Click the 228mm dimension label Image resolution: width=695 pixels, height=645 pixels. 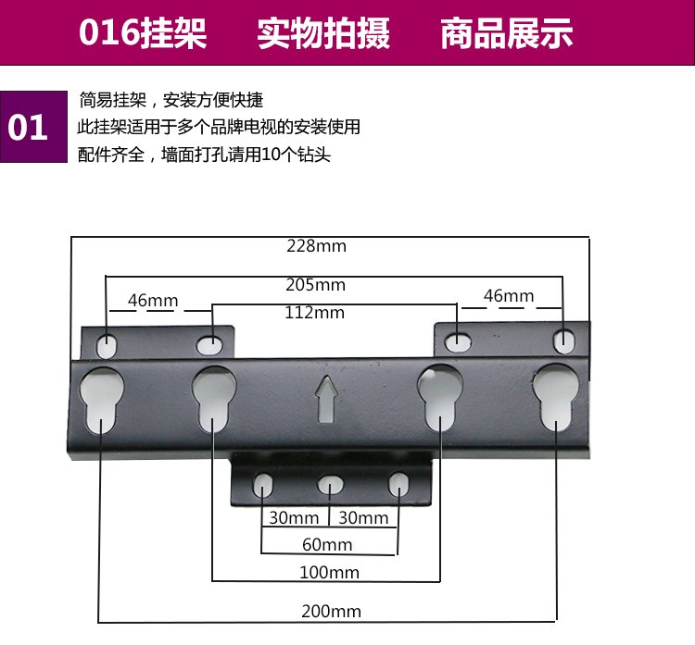316,246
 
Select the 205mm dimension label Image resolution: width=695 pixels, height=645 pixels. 315,284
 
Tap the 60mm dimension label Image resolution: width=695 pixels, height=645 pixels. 327,544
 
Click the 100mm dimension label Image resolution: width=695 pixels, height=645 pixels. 329,573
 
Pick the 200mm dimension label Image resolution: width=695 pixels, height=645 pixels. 331,611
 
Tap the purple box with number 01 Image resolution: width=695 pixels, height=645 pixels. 29,127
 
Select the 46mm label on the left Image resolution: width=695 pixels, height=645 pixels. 153,301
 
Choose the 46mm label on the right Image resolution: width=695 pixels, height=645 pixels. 509,296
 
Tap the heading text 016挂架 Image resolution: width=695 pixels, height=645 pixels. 143,34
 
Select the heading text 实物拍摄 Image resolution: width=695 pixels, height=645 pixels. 323,34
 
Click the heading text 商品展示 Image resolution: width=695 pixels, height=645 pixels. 506,34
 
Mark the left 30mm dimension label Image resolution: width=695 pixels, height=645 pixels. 294,517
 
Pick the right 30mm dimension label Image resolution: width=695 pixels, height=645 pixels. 363,517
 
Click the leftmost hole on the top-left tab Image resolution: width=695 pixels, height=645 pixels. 107,346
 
